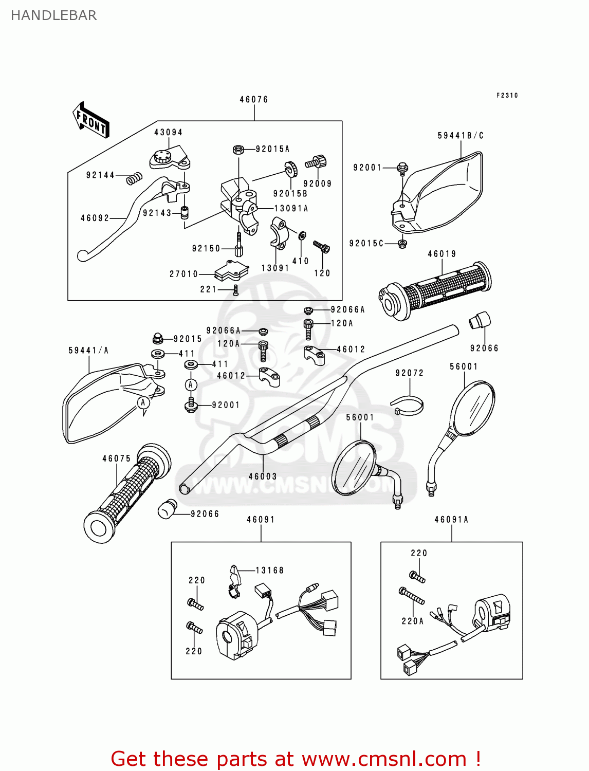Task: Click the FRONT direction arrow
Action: [91, 120]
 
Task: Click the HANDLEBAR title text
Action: [53, 15]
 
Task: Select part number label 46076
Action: [254, 100]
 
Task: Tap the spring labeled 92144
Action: [134, 178]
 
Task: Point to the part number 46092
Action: [95, 218]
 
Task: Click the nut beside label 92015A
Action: [238, 150]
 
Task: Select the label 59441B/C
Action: [461, 136]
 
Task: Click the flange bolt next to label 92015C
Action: [402, 243]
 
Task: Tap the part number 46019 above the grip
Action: [442, 254]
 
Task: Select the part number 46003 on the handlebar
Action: [263, 476]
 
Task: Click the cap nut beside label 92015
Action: [158, 338]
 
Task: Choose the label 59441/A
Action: [88, 351]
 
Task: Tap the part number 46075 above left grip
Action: [117, 458]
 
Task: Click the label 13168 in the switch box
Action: [269, 571]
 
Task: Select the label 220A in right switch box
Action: [413, 621]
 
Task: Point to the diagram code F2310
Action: [507, 96]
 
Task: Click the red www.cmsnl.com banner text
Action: [296, 759]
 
